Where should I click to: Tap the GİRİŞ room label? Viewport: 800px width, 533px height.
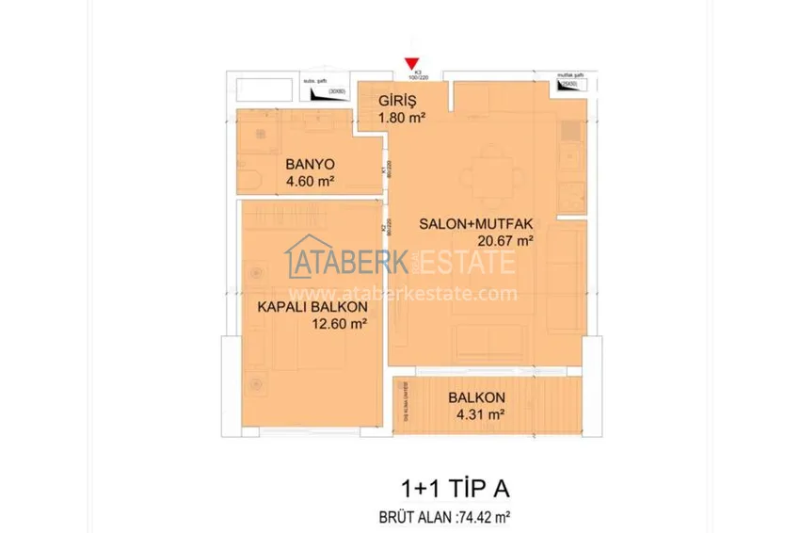point(398,101)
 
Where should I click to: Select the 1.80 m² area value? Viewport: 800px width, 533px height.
point(402,118)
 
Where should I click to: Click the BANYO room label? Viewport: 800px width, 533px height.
point(310,163)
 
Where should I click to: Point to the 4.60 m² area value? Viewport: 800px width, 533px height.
point(311,181)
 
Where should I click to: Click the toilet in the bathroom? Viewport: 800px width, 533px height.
point(253,179)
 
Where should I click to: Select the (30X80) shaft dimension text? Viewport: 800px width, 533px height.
point(336,92)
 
